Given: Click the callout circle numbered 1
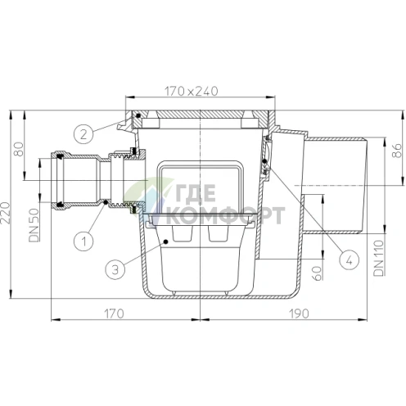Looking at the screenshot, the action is coord(84,241).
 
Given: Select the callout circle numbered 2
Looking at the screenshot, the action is coord(83,134).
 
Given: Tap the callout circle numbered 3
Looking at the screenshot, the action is coord(115,269).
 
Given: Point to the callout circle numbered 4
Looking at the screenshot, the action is coord(350,259).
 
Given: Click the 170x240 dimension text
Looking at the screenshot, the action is coord(191,91).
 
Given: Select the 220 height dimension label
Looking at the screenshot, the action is coord(6,213).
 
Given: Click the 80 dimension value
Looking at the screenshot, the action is coord(19,149).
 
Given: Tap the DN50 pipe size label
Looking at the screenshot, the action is coord(34,225).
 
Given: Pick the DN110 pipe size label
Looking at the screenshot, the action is coord(379,258).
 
